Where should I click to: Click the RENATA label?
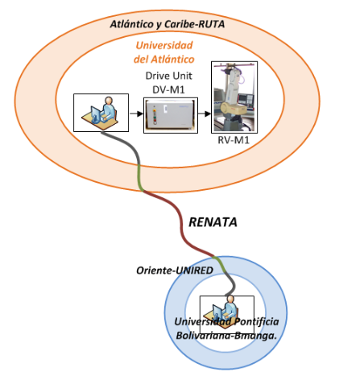click(x=213, y=222)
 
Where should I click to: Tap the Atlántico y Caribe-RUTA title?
click(x=168, y=24)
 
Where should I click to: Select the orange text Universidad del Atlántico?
click(x=164, y=52)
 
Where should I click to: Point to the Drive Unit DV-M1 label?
click(x=168, y=82)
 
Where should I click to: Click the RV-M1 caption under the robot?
click(x=234, y=140)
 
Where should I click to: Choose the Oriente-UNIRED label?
click(x=175, y=271)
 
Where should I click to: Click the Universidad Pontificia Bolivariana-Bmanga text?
click(x=226, y=328)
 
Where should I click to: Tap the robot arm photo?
click(x=234, y=97)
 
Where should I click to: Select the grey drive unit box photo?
click(x=171, y=115)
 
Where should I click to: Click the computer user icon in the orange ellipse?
click(x=101, y=113)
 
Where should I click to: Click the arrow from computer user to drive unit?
click(x=136, y=114)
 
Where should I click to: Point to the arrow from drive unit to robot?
click(x=205, y=114)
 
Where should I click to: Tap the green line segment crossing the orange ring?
click(x=139, y=178)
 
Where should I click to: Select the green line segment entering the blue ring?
click(x=220, y=264)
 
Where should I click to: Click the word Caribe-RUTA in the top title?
click(x=194, y=24)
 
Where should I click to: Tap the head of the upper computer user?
click(x=109, y=101)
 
